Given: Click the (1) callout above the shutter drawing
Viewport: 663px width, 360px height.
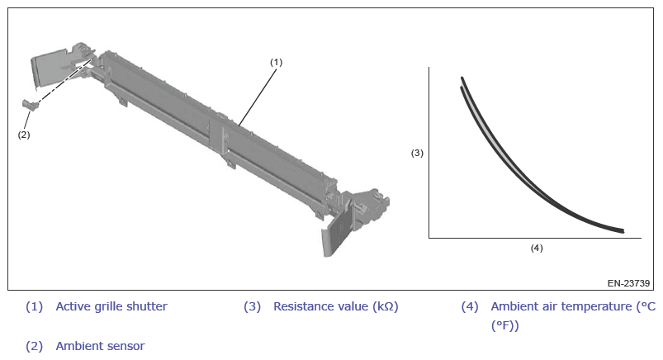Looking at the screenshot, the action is (x=276, y=62).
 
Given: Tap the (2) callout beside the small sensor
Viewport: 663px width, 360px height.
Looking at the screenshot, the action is (x=24, y=135).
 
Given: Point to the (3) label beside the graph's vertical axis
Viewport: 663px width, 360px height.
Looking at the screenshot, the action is (x=417, y=153).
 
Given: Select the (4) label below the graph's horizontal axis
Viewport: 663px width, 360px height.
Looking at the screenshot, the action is (x=537, y=248).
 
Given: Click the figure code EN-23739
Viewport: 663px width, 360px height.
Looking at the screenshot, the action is (x=628, y=283).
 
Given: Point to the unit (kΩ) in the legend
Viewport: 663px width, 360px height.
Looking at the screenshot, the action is (x=386, y=306).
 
